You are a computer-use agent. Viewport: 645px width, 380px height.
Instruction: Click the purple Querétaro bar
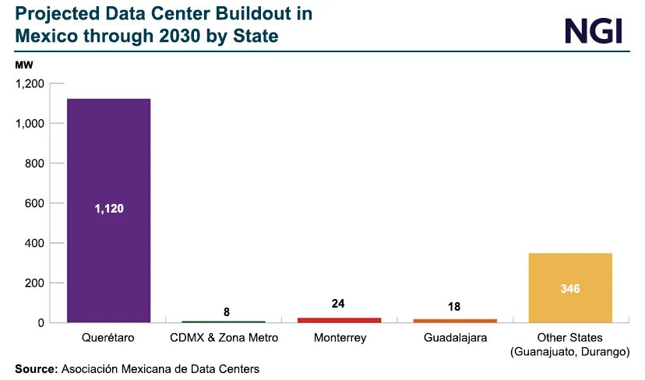(x=108, y=156)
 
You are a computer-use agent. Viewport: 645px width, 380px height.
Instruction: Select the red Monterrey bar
(x=339, y=319)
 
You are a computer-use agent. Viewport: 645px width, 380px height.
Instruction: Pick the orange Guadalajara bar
(x=454, y=320)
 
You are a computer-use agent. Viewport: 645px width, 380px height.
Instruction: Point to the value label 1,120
(x=109, y=209)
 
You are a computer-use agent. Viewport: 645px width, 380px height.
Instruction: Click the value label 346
(x=570, y=288)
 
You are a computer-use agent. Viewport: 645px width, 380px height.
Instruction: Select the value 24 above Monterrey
(x=338, y=304)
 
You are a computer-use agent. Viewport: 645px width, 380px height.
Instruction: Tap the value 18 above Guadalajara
(x=454, y=307)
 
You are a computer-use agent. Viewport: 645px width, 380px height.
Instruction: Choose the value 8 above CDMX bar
(x=227, y=312)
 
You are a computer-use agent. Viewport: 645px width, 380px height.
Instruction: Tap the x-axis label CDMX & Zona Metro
(x=224, y=339)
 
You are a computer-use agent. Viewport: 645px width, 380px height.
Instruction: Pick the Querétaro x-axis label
(x=108, y=339)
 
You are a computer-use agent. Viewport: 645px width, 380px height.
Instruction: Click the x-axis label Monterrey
(x=340, y=339)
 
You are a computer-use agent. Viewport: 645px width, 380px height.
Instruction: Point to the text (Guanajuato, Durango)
(x=570, y=353)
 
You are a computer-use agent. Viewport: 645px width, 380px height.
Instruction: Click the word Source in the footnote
(x=35, y=368)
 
